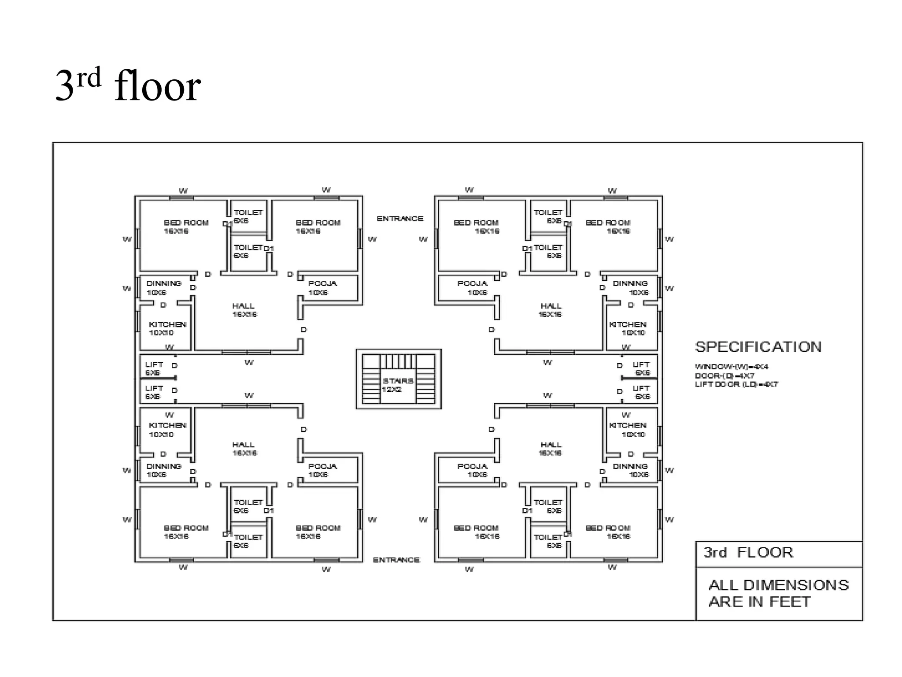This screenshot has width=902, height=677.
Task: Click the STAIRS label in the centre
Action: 398,381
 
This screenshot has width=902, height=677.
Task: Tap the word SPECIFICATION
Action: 758,347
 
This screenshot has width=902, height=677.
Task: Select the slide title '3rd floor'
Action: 128,86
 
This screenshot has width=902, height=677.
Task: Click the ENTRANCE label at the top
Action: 400,219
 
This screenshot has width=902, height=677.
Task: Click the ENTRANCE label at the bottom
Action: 396,560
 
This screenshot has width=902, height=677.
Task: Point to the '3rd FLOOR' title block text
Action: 748,552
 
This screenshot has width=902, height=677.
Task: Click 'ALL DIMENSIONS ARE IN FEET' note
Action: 778,593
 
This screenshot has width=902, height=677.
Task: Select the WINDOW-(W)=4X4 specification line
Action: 731,367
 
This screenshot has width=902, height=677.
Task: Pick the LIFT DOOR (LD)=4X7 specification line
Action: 736,384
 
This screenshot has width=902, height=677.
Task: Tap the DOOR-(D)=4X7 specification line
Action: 725,376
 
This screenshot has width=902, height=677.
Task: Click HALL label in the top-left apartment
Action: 243,306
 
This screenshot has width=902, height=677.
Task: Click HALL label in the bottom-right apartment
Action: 551,445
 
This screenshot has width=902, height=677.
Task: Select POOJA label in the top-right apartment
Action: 472,283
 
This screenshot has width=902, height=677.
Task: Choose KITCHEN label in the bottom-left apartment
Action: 167,425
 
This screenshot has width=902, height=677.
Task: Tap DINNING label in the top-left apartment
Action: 164,283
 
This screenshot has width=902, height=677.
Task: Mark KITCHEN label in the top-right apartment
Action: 628,324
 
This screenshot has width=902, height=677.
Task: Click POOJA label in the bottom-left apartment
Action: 322,466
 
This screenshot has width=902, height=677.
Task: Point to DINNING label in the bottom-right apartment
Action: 630,466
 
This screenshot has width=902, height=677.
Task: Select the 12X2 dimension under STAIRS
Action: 392,390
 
